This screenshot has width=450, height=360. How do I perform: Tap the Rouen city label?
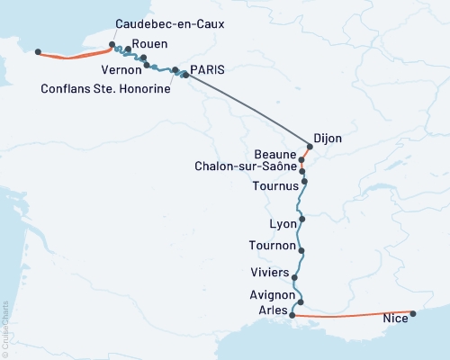pyautogui.click(x=148, y=43)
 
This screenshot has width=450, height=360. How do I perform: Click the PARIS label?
pyautogui.click(x=207, y=69)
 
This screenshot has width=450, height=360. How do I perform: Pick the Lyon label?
pyautogui.click(x=283, y=223)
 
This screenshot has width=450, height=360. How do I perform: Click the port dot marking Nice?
pyautogui.click(x=413, y=314)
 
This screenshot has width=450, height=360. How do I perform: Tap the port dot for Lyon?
pyautogui.click(x=302, y=219)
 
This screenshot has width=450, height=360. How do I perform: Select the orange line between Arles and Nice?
pyautogui.click(x=351, y=317)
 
